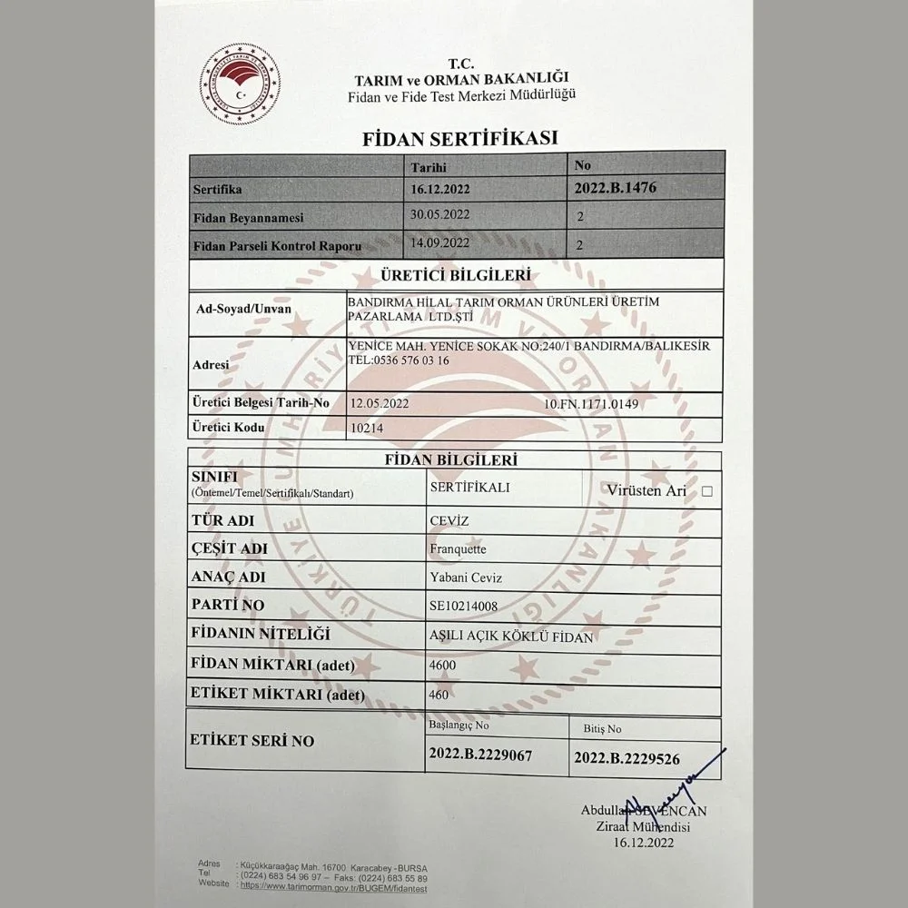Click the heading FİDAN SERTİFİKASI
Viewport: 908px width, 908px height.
point(459,139)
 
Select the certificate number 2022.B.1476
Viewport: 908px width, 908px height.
point(616,189)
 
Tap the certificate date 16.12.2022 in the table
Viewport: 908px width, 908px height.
point(440,192)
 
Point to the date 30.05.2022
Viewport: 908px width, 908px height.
point(439,215)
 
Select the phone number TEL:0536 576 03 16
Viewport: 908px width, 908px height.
point(399,360)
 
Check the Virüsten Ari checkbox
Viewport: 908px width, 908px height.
point(707,491)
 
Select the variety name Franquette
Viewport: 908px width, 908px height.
point(457,548)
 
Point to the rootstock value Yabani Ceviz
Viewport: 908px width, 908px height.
point(465,577)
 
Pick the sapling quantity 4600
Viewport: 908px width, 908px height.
point(443,665)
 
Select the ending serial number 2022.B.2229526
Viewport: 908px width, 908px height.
point(627,756)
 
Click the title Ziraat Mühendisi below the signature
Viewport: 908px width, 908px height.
point(643,827)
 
